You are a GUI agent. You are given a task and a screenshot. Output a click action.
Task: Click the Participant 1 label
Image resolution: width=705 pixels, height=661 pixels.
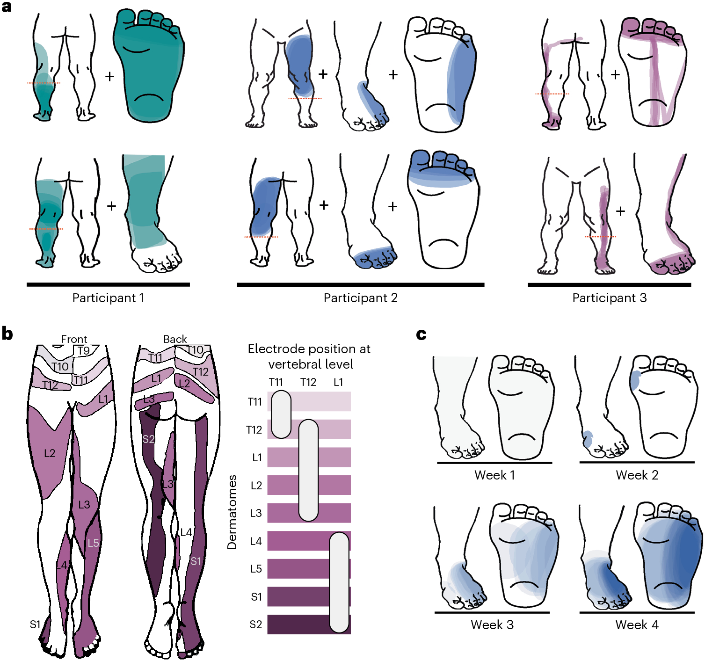(108, 298)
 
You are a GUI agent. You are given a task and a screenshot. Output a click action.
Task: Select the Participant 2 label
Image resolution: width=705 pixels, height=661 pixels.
(360, 298)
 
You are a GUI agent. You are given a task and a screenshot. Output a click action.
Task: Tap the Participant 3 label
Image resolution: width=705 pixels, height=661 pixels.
(609, 298)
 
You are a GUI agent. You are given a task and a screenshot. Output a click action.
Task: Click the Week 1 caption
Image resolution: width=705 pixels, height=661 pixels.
(494, 475)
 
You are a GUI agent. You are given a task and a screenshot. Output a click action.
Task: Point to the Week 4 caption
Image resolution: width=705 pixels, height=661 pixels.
(637, 625)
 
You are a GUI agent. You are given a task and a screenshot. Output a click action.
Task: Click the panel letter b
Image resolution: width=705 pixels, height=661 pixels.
(7, 334)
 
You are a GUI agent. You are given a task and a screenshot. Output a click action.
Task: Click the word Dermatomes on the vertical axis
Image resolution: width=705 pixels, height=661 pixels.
(232, 512)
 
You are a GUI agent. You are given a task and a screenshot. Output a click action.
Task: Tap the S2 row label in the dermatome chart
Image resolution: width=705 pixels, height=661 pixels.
(256, 625)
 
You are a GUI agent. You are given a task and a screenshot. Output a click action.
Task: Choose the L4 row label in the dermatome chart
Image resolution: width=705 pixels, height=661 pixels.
(256, 541)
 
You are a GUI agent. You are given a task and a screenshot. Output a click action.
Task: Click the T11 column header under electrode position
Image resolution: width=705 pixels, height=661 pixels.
(276, 382)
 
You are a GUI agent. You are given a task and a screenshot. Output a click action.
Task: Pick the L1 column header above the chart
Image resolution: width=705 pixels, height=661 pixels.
(338, 382)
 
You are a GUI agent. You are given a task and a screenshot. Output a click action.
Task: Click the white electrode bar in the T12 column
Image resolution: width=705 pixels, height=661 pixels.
(308, 470)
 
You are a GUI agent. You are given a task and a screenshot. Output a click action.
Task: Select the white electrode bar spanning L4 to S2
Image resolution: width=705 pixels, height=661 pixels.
(339, 582)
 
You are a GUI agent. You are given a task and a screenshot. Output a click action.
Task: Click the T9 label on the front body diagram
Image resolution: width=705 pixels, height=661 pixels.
(84, 350)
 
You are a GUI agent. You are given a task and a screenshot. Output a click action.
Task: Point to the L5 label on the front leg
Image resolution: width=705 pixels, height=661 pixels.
(94, 543)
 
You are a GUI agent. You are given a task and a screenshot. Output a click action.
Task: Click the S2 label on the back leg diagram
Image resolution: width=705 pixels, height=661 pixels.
(148, 439)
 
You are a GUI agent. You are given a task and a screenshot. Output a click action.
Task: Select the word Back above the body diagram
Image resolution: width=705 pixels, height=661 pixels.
(175, 339)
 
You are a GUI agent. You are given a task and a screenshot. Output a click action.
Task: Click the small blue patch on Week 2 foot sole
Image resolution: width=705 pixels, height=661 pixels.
(635, 380)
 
